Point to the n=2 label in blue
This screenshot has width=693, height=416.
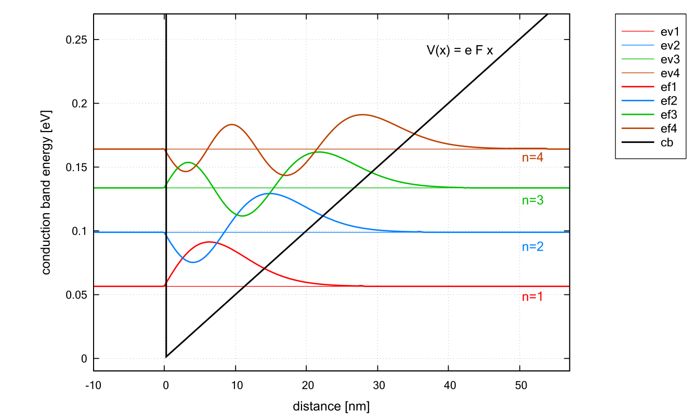point(532,247)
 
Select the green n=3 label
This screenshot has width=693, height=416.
point(532,200)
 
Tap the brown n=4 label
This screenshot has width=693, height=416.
point(532,158)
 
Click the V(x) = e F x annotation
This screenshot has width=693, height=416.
point(460,50)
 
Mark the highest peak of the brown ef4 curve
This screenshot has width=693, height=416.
point(361,114)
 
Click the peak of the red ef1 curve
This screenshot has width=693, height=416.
point(210,242)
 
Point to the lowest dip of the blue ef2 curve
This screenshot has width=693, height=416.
point(193,262)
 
